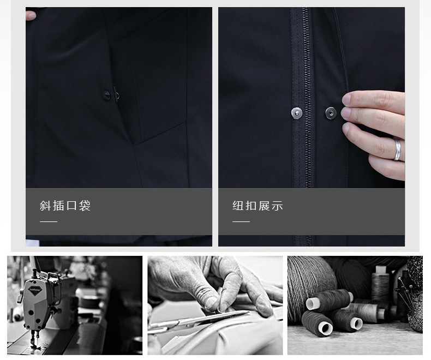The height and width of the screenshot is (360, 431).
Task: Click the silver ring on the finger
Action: (398, 148)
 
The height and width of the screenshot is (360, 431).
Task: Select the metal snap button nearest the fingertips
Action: (330, 113)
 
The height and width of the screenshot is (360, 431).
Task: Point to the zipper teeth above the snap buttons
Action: (307, 55)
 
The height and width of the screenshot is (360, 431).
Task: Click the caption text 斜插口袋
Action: (65, 206)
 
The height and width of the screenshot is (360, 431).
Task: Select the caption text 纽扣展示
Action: (258, 206)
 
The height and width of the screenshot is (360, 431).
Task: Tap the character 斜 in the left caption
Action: (45, 206)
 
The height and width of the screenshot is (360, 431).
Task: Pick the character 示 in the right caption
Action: (277, 206)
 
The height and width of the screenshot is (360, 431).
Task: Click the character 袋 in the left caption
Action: (85, 206)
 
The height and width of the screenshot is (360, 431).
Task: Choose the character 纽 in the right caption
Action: (238, 206)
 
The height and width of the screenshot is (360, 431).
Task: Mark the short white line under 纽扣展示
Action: (241, 222)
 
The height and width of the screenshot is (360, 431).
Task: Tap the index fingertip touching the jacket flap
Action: (348, 99)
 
